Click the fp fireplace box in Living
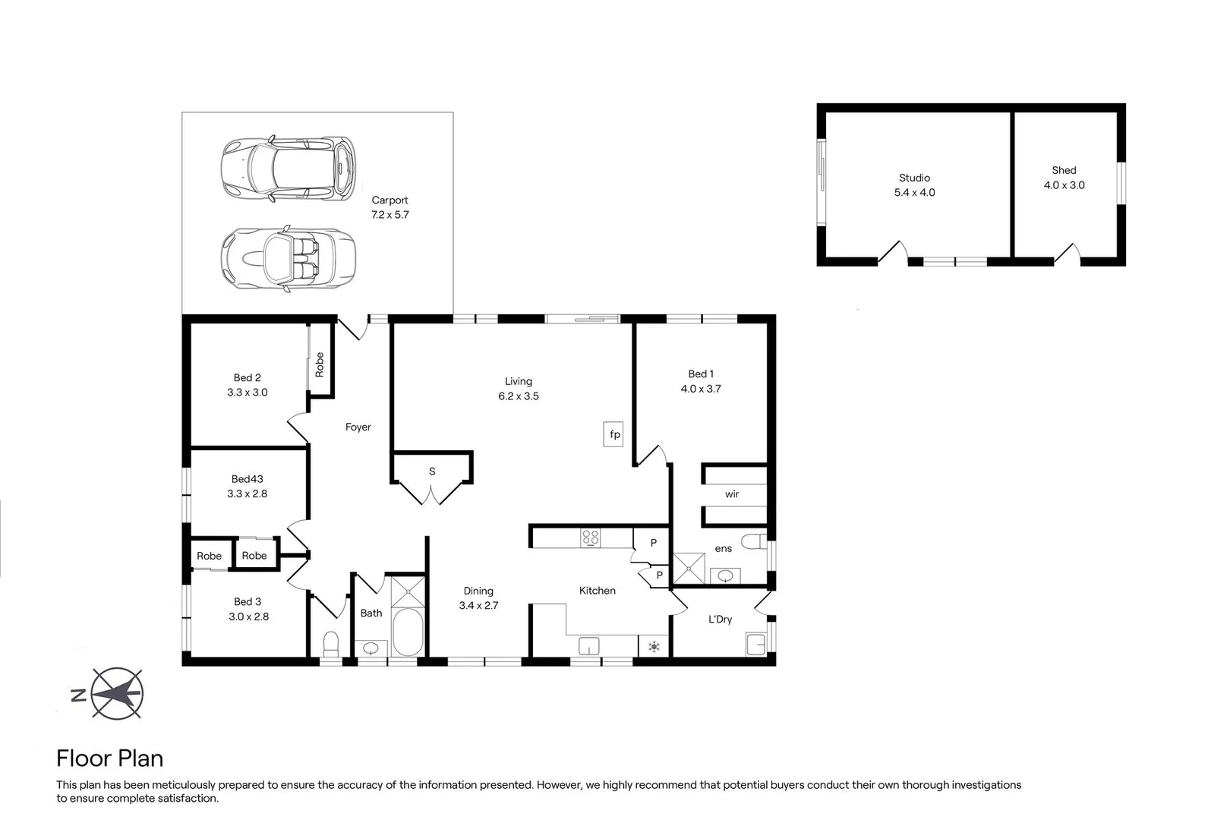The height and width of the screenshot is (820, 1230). [613, 434]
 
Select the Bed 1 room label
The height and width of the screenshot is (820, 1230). [701, 374]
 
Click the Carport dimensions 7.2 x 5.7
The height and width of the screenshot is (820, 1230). [389, 215]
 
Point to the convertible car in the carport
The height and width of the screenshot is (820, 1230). [289, 258]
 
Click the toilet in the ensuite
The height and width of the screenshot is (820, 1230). [755, 542]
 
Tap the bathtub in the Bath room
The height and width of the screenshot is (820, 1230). [408, 632]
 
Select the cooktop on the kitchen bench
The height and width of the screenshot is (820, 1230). [590, 538]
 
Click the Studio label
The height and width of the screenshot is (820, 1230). [914, 178]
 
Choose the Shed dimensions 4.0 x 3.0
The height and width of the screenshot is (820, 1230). [1064, 186]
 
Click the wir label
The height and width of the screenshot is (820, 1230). [732, 494]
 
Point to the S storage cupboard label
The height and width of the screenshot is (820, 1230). [432, 471]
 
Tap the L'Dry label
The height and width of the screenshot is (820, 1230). [720, 620]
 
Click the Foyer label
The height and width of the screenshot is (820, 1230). [358, 427]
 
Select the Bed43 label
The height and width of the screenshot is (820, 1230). [247, 479]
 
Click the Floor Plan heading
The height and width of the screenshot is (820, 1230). [110, 758]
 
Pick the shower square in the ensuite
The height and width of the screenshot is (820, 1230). [689, 568]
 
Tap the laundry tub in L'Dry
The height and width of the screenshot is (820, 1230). [756, 644]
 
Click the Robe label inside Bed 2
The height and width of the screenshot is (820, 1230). [320, 364]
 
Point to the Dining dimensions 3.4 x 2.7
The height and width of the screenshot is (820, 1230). [478, 606]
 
